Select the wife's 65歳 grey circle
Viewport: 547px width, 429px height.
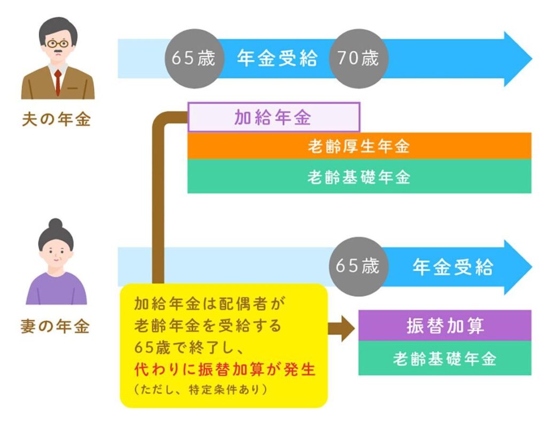(358, 266)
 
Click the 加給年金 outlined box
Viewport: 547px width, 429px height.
(273, 117)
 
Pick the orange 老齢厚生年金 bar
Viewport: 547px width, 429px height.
(359, 146)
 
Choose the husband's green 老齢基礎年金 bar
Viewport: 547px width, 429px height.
(359, 177)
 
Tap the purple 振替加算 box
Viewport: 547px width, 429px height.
(444, 325)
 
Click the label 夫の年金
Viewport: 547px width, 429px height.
(57, 120)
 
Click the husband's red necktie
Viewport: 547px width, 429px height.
(57, 82)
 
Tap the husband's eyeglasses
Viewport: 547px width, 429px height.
(57, 43)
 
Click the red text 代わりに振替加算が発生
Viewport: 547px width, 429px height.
(224, 370)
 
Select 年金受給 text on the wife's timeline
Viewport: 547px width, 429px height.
(452, 267)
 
